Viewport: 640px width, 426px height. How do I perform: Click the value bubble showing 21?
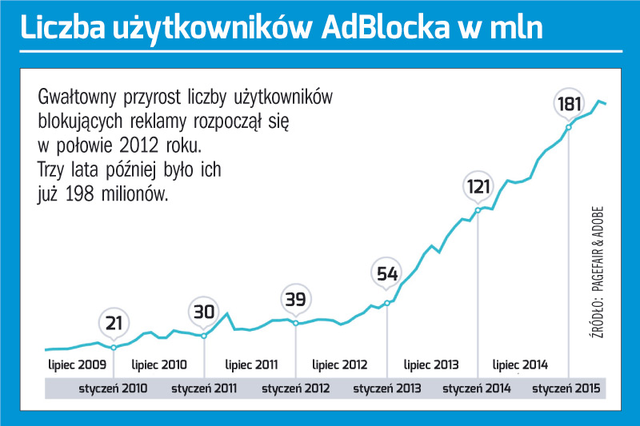click(114, 323)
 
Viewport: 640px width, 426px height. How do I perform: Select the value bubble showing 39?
click(296, 299)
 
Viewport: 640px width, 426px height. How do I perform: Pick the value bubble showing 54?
click(387, 274)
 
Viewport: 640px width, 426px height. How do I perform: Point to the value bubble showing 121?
click(478, 188)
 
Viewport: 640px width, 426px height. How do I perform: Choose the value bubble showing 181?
click(569, 104)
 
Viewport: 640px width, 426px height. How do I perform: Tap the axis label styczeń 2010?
click(113, 389)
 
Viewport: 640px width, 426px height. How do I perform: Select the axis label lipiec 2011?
click(251, 364)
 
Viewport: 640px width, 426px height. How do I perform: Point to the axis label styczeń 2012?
click(295, 389)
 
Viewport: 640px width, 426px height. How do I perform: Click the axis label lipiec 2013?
click(432, 364)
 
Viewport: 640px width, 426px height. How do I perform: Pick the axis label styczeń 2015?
click(567, 389)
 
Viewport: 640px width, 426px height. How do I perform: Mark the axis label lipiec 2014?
click(522, 364)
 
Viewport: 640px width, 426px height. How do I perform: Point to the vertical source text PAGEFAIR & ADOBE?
click(598, 264)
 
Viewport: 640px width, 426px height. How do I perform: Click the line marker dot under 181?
click(569, 127)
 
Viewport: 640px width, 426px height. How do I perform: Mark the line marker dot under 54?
click(387, 302)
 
